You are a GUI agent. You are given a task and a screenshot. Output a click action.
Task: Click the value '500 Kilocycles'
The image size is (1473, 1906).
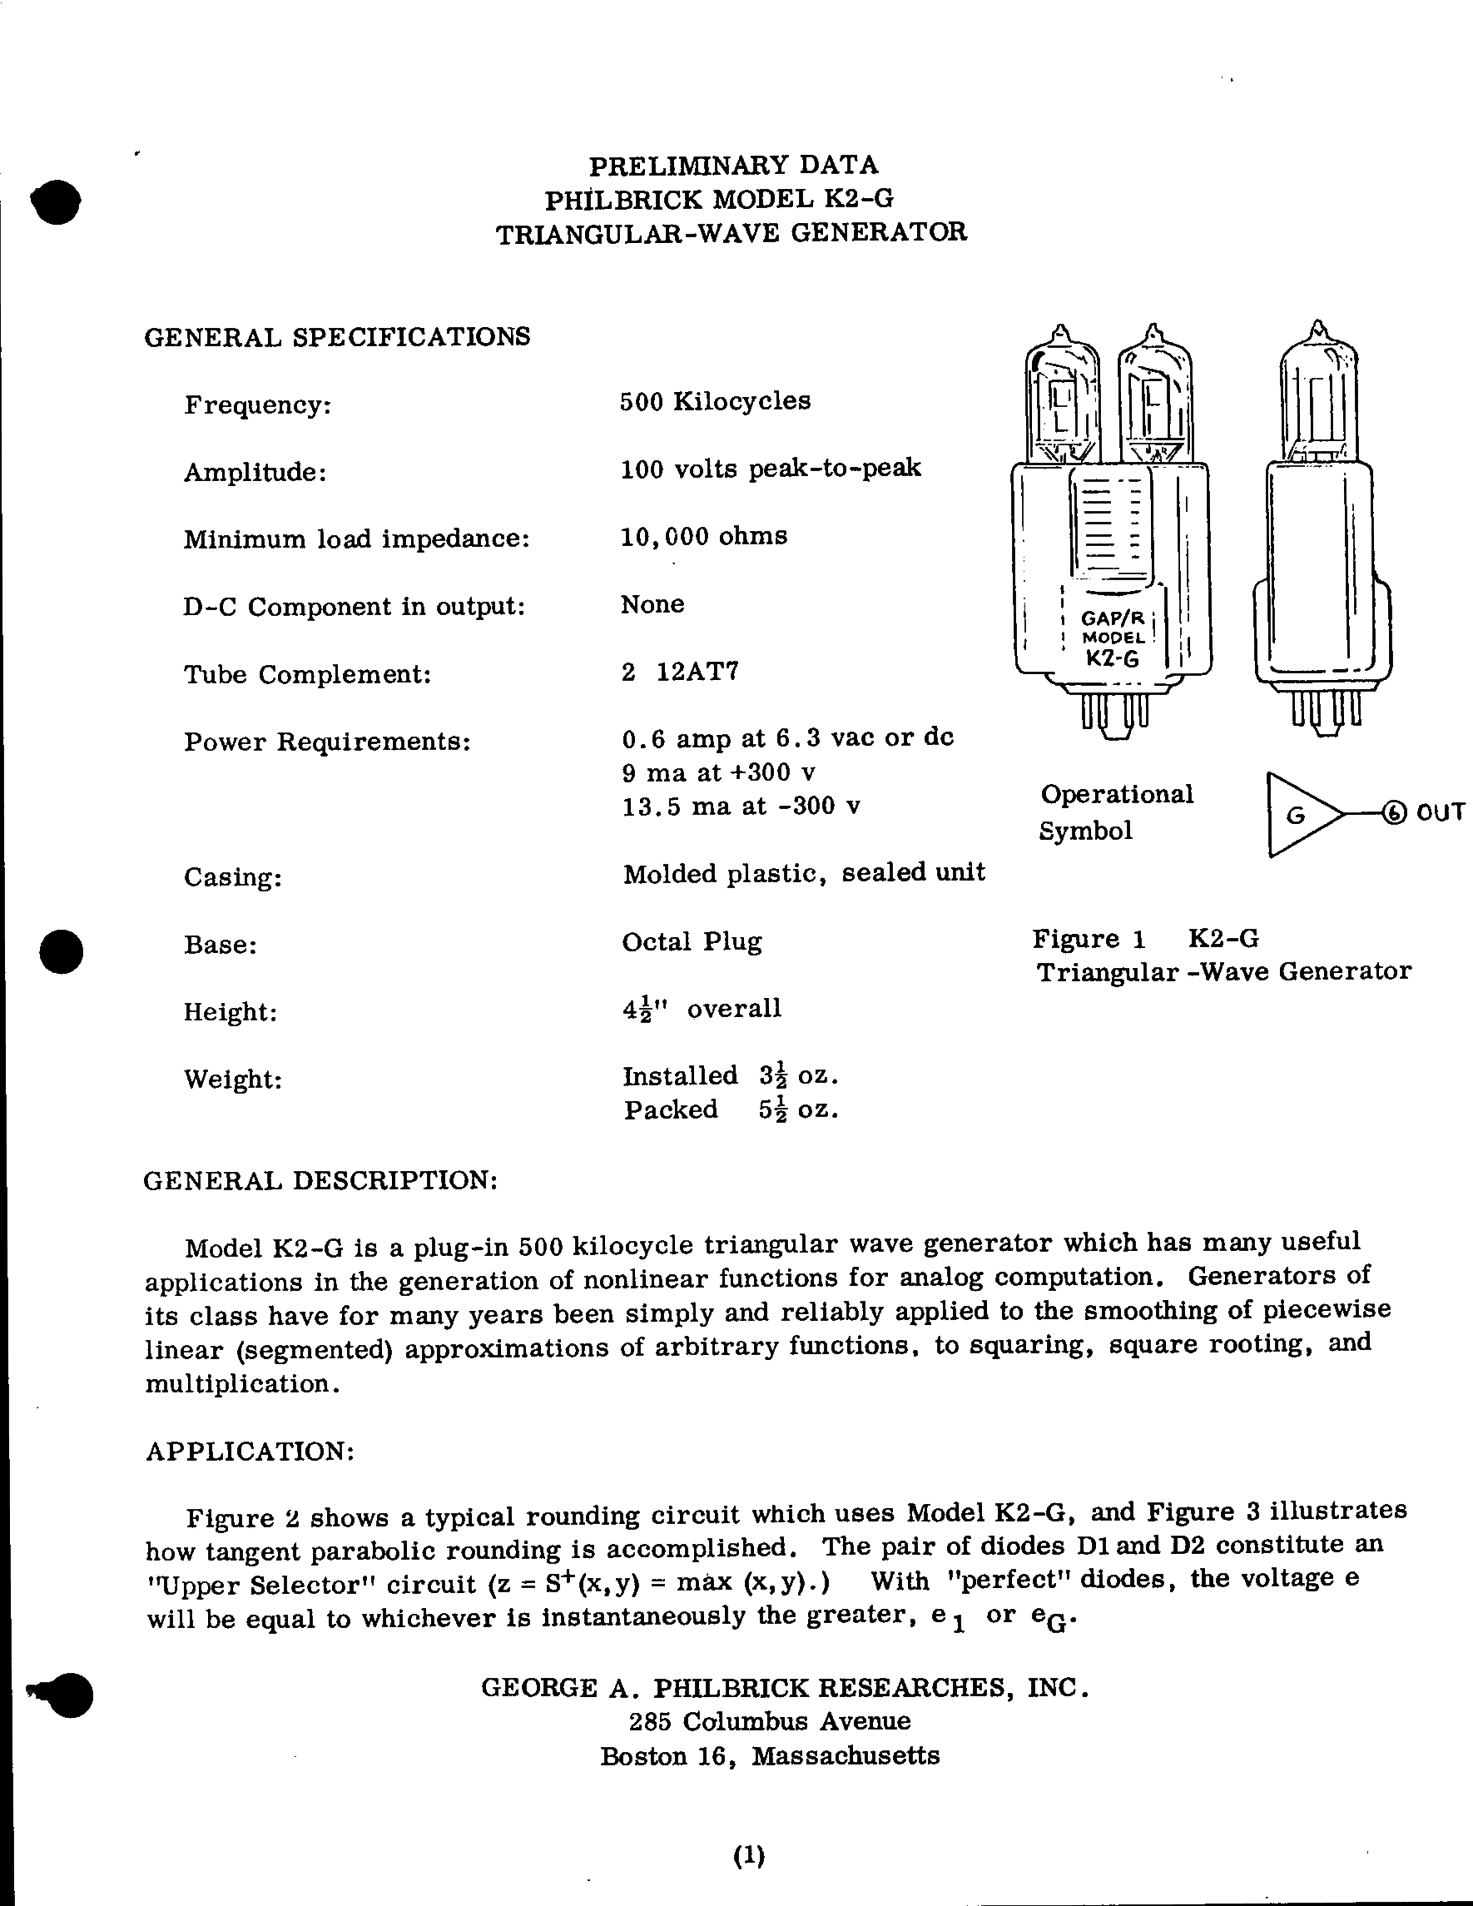[715, 401]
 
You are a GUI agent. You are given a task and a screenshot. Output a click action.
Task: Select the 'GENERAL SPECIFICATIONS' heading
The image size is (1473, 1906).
[337, 337]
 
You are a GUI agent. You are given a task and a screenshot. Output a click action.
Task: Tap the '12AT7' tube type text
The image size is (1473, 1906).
[697, 672]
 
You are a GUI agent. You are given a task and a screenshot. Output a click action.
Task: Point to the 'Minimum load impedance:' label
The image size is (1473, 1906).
[356, 539]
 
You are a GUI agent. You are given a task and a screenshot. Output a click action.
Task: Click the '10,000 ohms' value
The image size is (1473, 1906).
[703, 536]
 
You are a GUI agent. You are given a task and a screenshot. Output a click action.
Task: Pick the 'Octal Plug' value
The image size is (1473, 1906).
[691, 941]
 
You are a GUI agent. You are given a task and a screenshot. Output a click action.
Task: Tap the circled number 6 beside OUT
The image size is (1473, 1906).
[1396, 813]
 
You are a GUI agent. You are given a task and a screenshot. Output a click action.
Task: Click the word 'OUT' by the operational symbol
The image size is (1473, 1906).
[1440, 812]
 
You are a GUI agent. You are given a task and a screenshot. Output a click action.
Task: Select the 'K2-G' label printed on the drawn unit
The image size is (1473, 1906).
[1112, 658]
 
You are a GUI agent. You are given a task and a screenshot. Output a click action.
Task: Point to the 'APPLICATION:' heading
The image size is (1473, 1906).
[250, 1452]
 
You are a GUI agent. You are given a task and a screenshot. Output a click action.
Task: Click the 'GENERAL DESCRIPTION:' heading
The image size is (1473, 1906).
[320, 1181]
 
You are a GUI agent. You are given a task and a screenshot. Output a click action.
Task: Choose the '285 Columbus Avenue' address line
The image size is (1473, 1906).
[770, 1721]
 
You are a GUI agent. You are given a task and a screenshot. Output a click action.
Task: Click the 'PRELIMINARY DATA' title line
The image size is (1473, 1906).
[733, 165]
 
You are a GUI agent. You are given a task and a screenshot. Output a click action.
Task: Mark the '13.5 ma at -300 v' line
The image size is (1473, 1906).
[741, 806]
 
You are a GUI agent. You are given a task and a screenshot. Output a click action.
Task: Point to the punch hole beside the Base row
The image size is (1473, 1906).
[62, 951]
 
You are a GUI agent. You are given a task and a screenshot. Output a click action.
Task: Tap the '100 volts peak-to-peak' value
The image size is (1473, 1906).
[771, 469]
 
